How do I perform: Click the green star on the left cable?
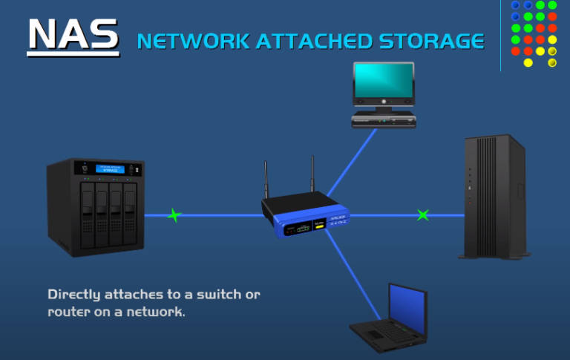click(174, 215)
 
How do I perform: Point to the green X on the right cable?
click(422, 215)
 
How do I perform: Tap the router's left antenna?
click(266, 179)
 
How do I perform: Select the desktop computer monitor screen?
click(384, 82)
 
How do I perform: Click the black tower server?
click(494, 197)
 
